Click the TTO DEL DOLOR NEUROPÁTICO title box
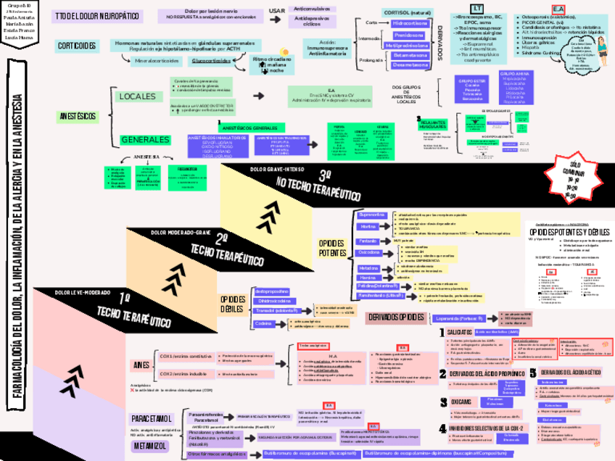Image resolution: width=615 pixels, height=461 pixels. (x=96, y=17)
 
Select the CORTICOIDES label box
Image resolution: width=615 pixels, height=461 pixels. (x=78, y=46)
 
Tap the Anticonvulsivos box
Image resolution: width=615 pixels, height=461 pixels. (x=313, y=9)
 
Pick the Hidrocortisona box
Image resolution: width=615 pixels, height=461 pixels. (x=408, y=23)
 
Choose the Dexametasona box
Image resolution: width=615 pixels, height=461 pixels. (x=408, y=65)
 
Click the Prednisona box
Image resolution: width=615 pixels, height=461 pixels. (x=408, y=34)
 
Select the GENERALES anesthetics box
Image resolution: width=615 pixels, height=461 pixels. (x=145, y=139)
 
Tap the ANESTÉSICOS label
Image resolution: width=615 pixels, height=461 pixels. (x=77, y=116)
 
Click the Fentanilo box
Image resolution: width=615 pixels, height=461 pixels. (x=368, y=240)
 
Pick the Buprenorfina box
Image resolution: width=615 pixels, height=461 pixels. (x=372, y=215)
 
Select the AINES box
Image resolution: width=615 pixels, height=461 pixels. (x=141, y=364)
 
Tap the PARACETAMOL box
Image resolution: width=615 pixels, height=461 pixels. (x=152, y=419)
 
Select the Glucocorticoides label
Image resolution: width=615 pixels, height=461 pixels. (x=213, y=61)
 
